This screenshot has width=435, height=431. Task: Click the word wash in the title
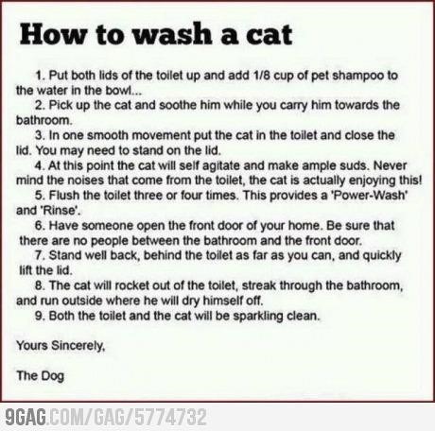[x=173, y=34]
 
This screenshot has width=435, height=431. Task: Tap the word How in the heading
[x=54, y=34]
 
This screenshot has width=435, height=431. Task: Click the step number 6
[x=39, y=226]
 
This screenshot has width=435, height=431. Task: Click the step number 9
[x=39, y=316]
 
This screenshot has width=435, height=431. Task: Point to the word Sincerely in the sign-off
[x=78, y=346]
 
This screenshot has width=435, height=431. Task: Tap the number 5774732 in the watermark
[x=170, y=418]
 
